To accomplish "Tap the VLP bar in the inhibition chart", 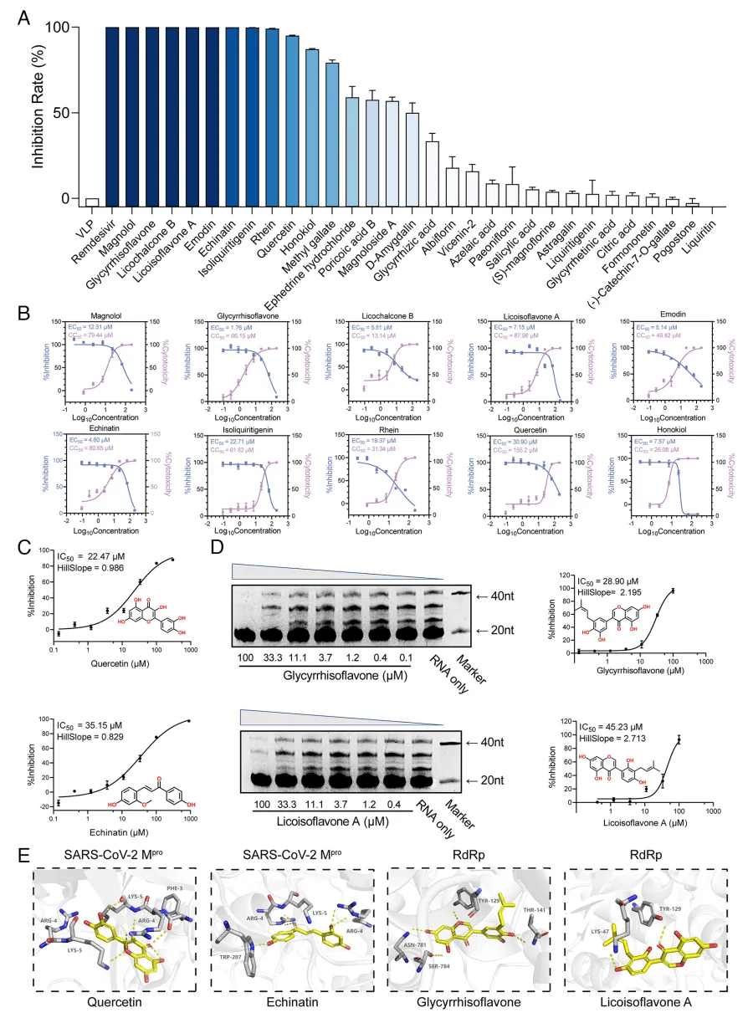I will (92, 202).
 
